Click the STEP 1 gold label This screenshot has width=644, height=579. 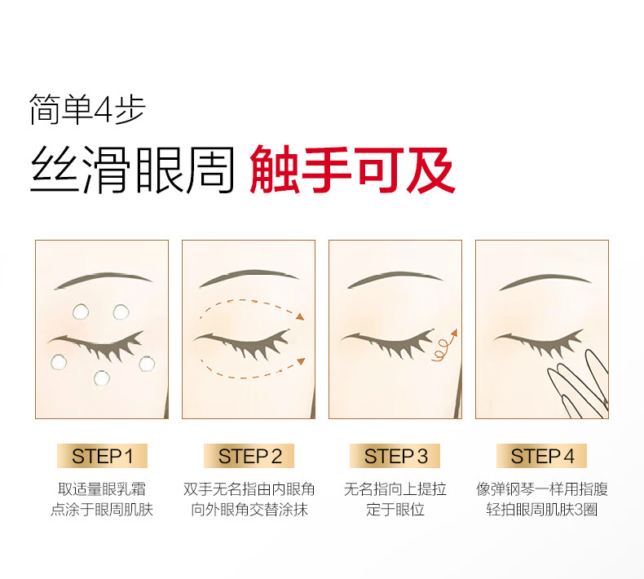[x=102, y=456]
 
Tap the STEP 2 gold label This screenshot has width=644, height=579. [x=249, y=456]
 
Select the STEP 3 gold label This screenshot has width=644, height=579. [x=395, y=456]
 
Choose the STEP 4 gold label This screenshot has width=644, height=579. [x=542, y=456]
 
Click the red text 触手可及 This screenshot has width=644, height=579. [x=352, y=170]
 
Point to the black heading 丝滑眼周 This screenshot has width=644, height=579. [x=132, y=170]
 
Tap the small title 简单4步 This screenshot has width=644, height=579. [x=87, y=109]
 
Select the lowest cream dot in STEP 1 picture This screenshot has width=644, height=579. [x=102, y=378]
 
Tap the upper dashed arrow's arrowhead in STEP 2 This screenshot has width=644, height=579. [x=300, y=316]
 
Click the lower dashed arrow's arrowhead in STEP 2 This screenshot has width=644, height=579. [x=301, y=361]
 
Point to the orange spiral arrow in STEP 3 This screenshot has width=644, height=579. [x=445, y=345]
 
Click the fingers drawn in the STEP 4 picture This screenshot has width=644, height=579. [x=578, y=384]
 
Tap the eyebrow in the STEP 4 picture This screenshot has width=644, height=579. [x=545, y=281]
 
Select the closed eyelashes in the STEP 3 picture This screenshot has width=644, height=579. [x=388, y=344]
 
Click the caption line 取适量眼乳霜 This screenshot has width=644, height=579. [x=102, y=489]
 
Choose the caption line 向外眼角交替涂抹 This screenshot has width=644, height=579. [x=249, y=510]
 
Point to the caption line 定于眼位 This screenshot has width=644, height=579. [x=395, y=510]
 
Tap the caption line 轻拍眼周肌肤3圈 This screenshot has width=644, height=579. [x=542, y=510]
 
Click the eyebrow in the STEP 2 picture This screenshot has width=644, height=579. [x=249, y=278]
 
